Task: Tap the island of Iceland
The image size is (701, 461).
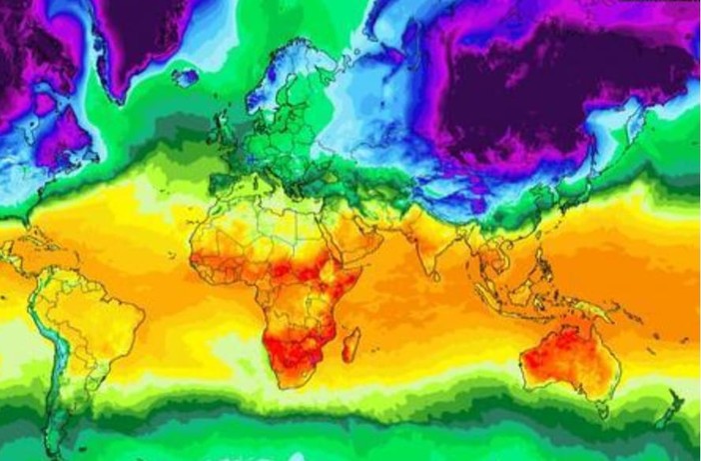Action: (185, 76)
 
